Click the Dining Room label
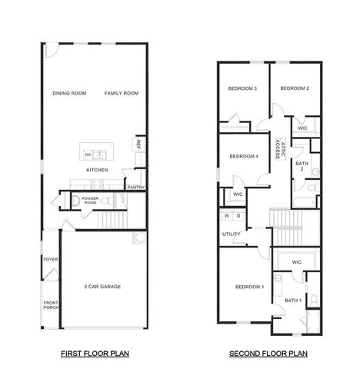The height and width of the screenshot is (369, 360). pos(69,93)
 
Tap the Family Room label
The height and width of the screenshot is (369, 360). pos(122,93)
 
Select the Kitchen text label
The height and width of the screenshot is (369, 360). pos(96,169)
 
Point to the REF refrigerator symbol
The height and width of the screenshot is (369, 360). pos(138,144)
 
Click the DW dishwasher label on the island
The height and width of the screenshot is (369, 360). pos(88,155)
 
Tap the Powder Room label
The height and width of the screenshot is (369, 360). pos(90,201)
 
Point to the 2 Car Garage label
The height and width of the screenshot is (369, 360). pos(102,286)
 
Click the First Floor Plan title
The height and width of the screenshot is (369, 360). pos(95,354)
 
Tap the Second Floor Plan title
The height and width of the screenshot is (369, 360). pos(268,354)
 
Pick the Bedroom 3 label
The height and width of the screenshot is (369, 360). pos(242,89)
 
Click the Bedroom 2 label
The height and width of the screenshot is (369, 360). pos(295,89)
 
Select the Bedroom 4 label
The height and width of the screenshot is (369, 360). pos(243,157)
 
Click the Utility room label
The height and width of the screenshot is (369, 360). pos(231,234)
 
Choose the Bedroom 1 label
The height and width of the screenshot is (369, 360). pos(250,287)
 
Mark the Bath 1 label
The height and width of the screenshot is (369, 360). pos(293,300)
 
